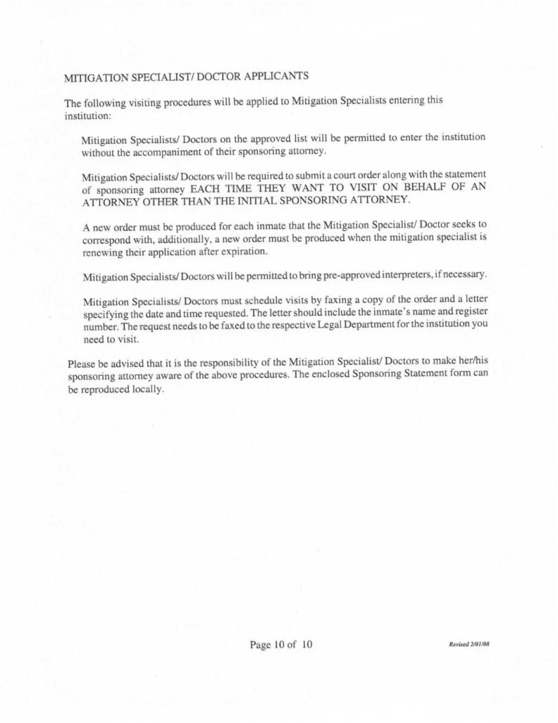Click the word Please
pos(82,364)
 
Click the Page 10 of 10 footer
pos(280,645)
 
